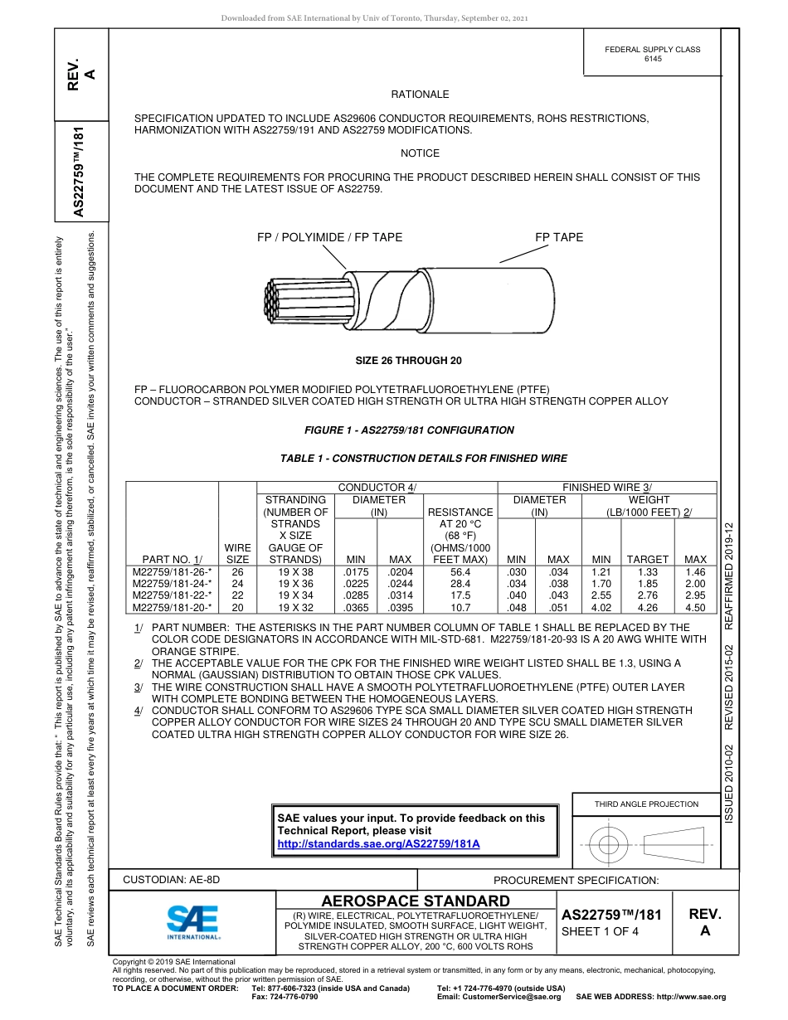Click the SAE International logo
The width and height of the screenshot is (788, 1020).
192,921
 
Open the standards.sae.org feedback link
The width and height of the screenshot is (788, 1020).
378,843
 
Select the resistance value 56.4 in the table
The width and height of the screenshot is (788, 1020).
459,572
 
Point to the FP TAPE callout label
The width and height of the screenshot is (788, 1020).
559,237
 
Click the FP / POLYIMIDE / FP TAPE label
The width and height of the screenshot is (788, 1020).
329,237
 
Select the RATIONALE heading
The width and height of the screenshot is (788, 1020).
420,95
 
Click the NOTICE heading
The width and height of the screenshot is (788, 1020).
420,153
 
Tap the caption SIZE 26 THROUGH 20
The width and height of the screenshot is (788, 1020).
408,361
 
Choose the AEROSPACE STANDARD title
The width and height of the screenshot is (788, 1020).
415,901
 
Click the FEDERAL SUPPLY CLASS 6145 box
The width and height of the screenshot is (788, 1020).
652,54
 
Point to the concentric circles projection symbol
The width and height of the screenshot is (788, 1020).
610,846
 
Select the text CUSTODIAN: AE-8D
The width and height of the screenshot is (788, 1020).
172,879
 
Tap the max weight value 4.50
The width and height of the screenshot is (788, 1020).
695,607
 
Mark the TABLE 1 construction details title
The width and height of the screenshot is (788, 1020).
424,459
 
